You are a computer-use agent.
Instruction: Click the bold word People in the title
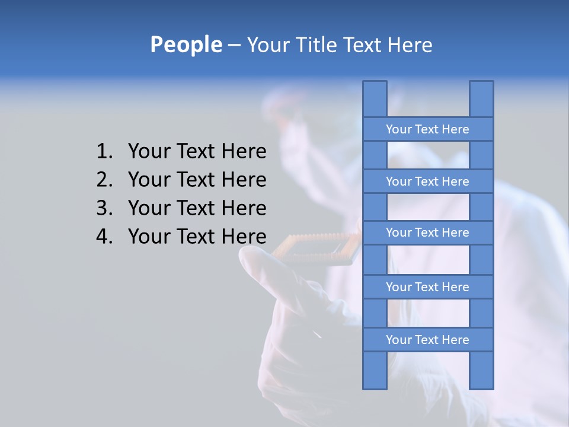[x=186, y=45]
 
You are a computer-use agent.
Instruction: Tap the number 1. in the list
[x=104, y=152]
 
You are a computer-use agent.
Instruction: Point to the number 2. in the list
[x=104, y=180]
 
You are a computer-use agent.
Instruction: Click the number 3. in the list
[x=104, y=208]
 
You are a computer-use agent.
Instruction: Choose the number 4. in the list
[x=104, y=237]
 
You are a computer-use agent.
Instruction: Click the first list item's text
[x=197, y=152]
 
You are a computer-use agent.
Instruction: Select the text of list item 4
[x=197, y=237]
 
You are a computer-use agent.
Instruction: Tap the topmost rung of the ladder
[x=427, y=129]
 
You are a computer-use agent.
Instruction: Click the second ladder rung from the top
[x=427, y=181]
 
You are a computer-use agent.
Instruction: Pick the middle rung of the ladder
[x=427, y=232]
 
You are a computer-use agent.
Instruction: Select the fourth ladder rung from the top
[x=427, y=287]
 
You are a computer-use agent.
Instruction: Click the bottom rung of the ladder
[x=427, y=340]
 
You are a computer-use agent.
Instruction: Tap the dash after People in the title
[x=234, y=45]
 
